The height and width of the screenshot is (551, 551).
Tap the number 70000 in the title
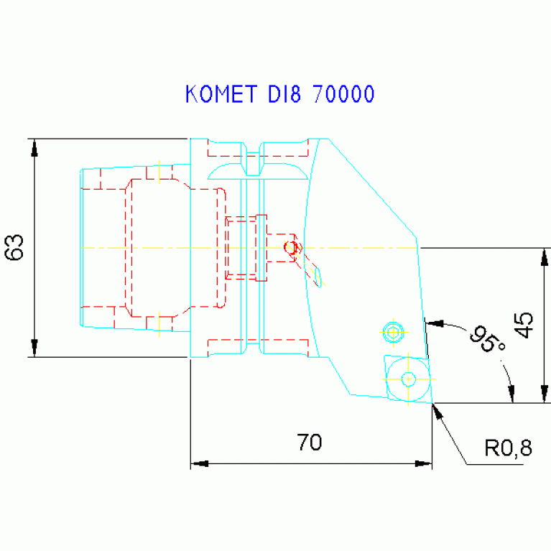(343, 94)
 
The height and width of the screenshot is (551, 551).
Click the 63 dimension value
(15, 247)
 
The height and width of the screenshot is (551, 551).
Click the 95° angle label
(486, 339)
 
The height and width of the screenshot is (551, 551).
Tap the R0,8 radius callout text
(508, 449)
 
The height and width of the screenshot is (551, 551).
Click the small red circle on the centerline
(291, 248)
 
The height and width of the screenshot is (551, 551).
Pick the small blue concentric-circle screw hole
(392, 331)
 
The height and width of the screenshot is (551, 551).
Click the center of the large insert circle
(408, 378)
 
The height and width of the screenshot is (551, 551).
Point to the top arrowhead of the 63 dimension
(34, 145)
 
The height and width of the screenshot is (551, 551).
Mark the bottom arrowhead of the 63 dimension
(34, 349)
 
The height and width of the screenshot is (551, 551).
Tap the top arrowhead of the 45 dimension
(545, 255)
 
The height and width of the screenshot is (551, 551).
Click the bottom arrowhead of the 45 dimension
(545, 396)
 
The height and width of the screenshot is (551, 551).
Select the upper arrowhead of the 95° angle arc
(432, 323)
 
